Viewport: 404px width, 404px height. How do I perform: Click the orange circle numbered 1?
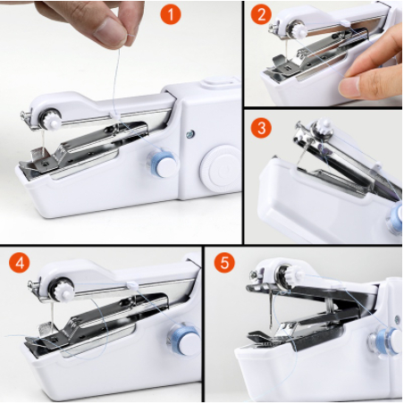click(x=171, y=14)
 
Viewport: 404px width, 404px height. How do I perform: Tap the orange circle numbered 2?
click(x=261, y=14)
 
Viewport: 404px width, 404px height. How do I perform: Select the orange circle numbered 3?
click(x=261, y=129)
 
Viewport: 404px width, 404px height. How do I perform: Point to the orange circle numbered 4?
click(x=20, y=263)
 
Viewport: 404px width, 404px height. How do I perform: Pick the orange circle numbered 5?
click(x=224, y=263)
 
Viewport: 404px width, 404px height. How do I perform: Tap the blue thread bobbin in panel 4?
click(x=183, y=339)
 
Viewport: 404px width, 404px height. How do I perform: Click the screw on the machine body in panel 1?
click(x=190, y=134)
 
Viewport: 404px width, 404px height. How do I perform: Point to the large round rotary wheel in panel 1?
click(x=221, y=168)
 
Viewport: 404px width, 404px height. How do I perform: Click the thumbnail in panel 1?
click(x=109, y=28)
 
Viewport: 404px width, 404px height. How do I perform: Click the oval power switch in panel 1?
click(x=219, y=82)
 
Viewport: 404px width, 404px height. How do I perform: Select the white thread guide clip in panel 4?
click(x=132, y=285)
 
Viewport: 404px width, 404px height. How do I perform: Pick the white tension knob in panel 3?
click(x=324, y=128)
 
